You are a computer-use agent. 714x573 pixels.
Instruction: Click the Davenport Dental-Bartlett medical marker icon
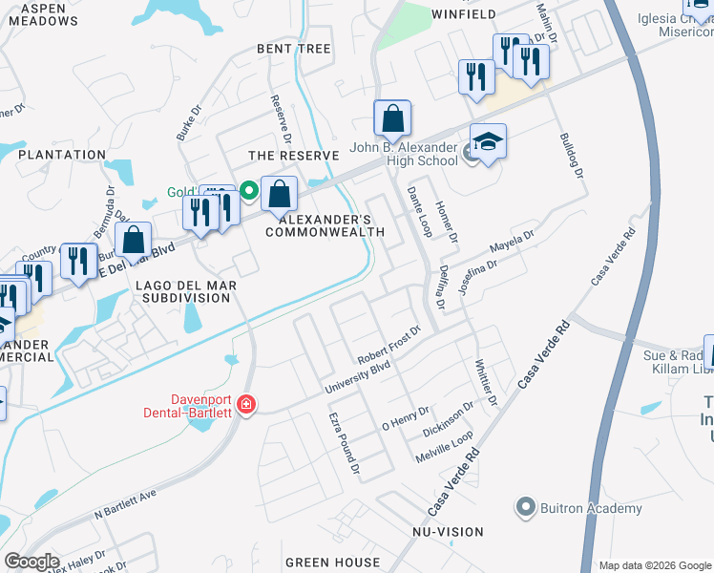click(x=246, y=406)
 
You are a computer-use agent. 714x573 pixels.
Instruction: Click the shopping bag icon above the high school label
click(x=391, y=120)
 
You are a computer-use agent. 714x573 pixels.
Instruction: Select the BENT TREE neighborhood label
click(x=293, y=49)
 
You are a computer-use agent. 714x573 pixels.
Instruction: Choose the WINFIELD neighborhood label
click(x=464, y=14)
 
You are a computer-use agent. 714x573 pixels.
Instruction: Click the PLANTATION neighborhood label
click(x=62, y=155)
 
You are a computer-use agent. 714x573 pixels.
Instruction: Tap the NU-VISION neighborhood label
click(x=448, y=531)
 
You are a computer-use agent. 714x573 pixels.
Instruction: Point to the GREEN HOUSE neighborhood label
click(x=333, y=562)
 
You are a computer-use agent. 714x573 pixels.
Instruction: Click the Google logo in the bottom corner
click(x=31, y=562)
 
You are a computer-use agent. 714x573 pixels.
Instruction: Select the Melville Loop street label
click(x=445, y=447)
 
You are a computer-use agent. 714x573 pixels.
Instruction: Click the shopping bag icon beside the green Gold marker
click(x=279, y=196)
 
